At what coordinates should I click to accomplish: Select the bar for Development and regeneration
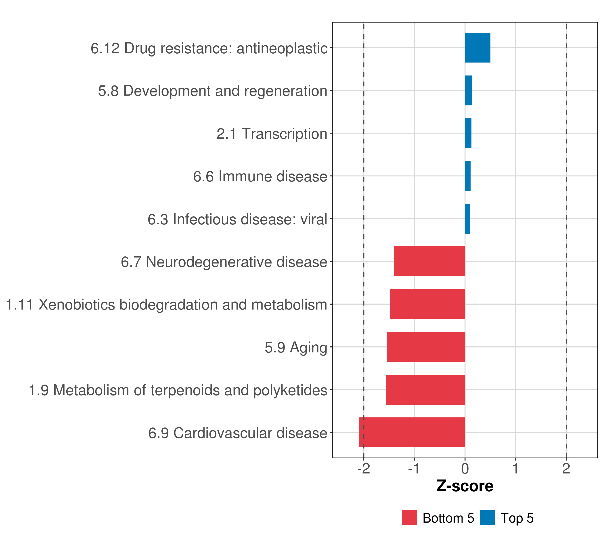[468, 91]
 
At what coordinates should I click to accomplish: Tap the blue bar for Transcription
[468, 133]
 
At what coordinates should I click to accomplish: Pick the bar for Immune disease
[468, 176]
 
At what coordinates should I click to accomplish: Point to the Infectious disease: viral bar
[467, 219]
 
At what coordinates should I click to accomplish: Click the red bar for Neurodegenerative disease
[429, 261]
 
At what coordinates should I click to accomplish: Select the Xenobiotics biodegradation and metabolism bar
[427, 304]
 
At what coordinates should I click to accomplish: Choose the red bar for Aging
[426, 347]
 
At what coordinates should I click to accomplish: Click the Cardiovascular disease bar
[412, 432]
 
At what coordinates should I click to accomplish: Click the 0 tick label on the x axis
[465, 469]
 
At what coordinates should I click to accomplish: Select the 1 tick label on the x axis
[515, 469]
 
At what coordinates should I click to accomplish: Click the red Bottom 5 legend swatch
[409, 518]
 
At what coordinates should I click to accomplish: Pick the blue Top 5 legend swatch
[487, 518]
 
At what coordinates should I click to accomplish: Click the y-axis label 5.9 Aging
[296, 348]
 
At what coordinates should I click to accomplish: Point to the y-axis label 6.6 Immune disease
[260, 177]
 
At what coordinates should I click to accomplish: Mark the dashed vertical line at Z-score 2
[566, 236]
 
